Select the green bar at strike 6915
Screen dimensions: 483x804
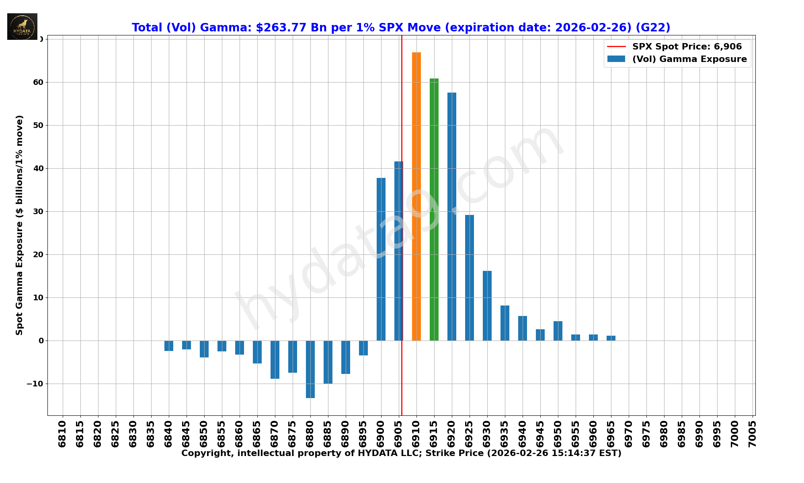pos(434,209)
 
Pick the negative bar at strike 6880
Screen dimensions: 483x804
pos(310,369)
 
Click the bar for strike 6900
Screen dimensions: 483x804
pos(381,259)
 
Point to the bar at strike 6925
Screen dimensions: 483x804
pos(470,278)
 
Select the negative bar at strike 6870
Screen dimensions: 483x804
pos(275,359)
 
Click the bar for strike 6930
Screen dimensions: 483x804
pos(487,305)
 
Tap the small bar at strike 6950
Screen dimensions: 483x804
pos(558,331)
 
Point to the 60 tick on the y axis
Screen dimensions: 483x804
pos(38,83)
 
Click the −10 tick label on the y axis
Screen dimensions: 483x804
pos(35,384)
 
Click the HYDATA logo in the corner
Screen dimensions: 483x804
pos(22,27)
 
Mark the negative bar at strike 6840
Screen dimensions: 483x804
pos(169,346)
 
